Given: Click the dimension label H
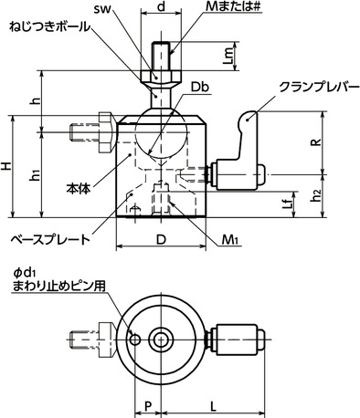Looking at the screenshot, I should pos(8,168).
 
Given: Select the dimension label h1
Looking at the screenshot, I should pos(34,175).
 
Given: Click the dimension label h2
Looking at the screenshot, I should pos(314,194).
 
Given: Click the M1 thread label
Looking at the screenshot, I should pos(229,240).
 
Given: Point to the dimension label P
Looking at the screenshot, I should pos(146,401).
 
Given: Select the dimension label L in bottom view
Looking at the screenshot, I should pos(212,401).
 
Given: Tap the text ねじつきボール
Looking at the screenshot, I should pos(49,27).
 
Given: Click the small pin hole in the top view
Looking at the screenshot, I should pos(136,340).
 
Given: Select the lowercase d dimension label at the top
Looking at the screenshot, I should pos(161,8).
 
